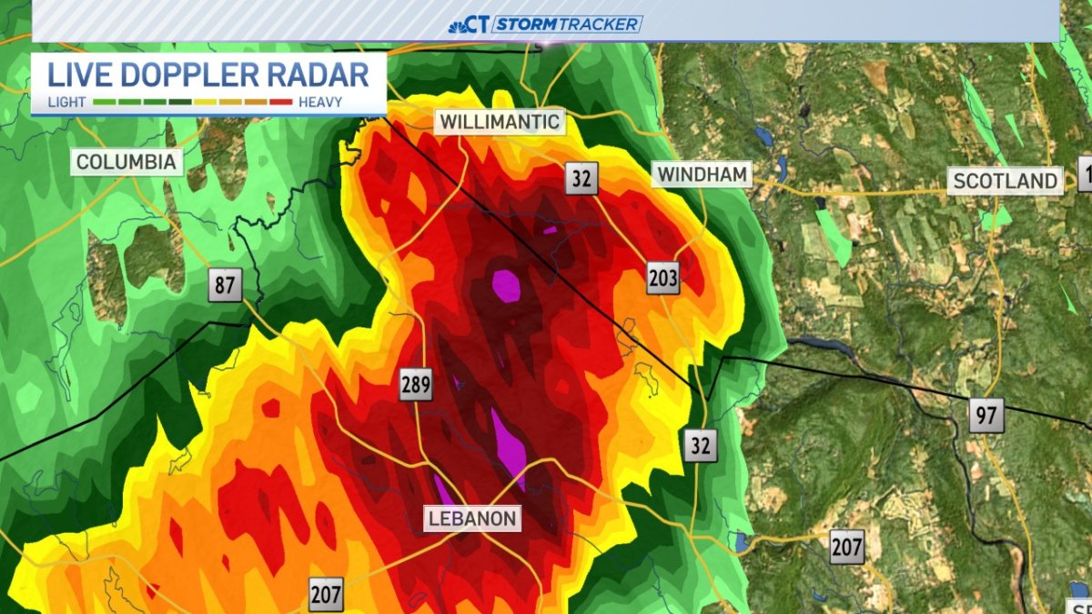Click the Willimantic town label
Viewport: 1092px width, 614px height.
click(x=499, y=122)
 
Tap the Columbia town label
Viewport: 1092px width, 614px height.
click(x=126, y=163)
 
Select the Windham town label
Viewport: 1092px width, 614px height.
click(x=703, y=174)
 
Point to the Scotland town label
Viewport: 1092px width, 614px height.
click(x=1005, y=180)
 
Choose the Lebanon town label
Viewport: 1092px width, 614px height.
click(x=472, y=519)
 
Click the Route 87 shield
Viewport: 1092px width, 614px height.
click(x=225, y=286)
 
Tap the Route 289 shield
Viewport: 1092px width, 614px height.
click(x=416, y=386)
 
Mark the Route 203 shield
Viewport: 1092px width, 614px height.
click(x=662, y=278)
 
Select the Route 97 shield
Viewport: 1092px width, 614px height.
click(x=986, y=417)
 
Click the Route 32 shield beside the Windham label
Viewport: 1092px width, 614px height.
click(x=581, y=178)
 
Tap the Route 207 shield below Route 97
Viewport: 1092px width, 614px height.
click(x=846, y=548)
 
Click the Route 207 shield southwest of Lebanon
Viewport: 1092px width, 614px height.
click(x=326, y=595)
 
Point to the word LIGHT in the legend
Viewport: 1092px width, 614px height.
click(x=67, y=102)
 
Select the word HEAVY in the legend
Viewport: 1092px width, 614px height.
click(x=319, y=102)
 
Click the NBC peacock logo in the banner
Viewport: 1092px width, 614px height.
click(x=458, y=25)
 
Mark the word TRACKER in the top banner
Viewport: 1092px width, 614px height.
click(x=603, y=25)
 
